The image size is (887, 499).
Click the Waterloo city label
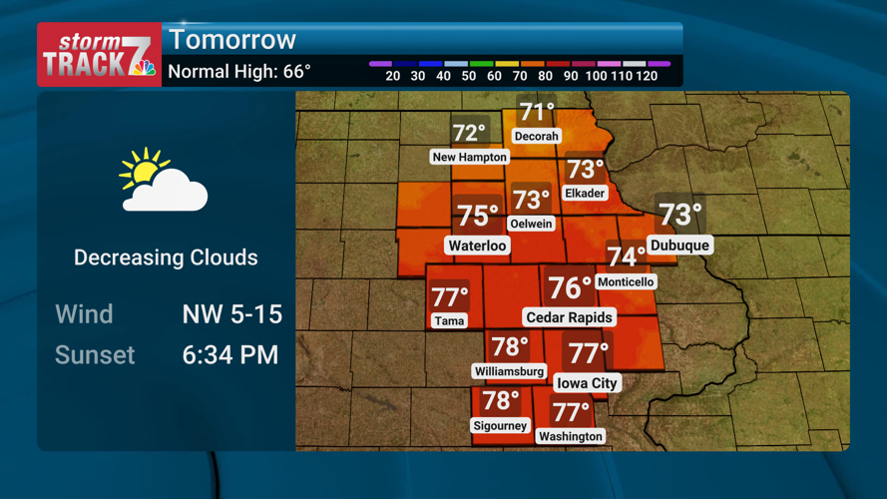(477, 246)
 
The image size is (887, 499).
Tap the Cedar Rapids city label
(570, 317)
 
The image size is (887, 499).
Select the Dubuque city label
(679, 246)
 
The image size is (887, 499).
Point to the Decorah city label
(536, 136)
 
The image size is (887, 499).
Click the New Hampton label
(469, 157)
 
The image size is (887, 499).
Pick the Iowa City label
(587, 383)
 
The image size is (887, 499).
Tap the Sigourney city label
(500, 426)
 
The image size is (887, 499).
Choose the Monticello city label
(626, 282)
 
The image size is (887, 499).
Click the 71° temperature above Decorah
(537, 112)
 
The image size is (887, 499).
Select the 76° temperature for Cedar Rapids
(570, 288)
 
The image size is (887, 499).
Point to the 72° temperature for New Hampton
(469, 133)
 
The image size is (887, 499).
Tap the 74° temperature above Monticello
(627, 257)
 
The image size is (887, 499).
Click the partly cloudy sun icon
(163, 182)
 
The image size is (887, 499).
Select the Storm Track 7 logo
(100, 56)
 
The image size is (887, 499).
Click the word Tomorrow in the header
(232, 40)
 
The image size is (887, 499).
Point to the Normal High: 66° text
(239, 72)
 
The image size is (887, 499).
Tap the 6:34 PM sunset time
(230, 355)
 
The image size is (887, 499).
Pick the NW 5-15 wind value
(232, 314)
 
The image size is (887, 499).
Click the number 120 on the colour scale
(646, 76)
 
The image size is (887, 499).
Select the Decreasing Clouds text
(166, 257)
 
